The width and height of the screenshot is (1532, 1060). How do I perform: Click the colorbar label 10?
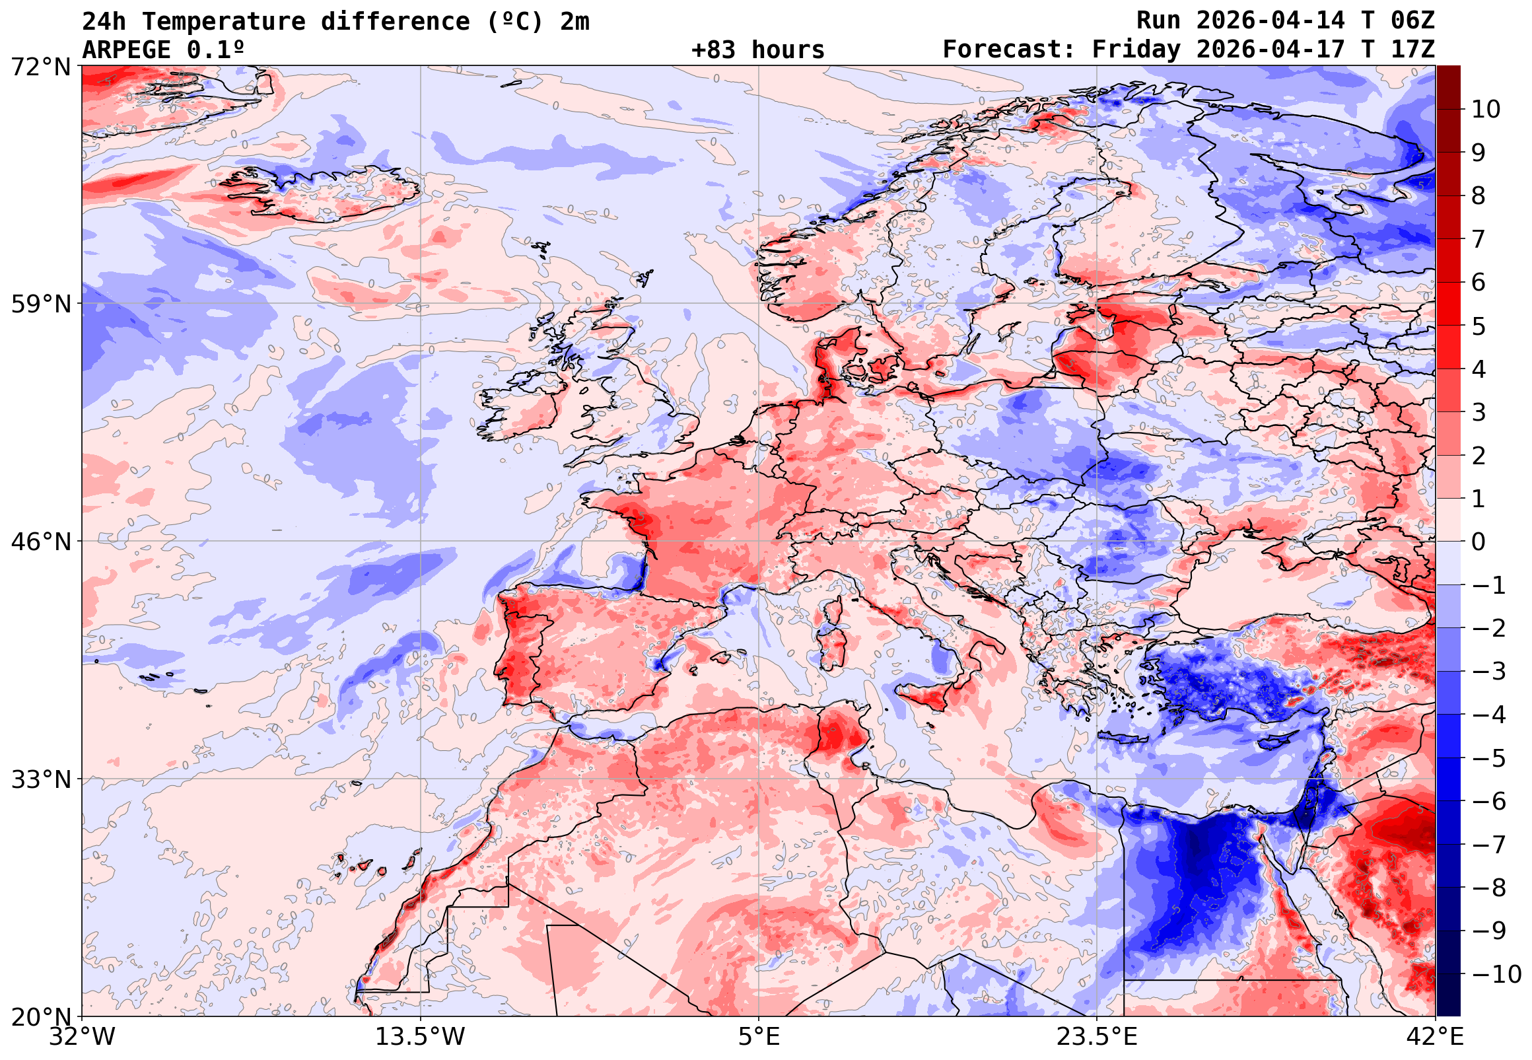pyautogui.click(x=1486, y=110)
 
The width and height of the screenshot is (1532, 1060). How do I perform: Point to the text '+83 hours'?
pyautogui.click(x=757, y=50)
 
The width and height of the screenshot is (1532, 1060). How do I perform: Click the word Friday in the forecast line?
pyautogui.click(x=1136, y=50)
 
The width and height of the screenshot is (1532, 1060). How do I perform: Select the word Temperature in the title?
pyautogui.click(x=224, y=21)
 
